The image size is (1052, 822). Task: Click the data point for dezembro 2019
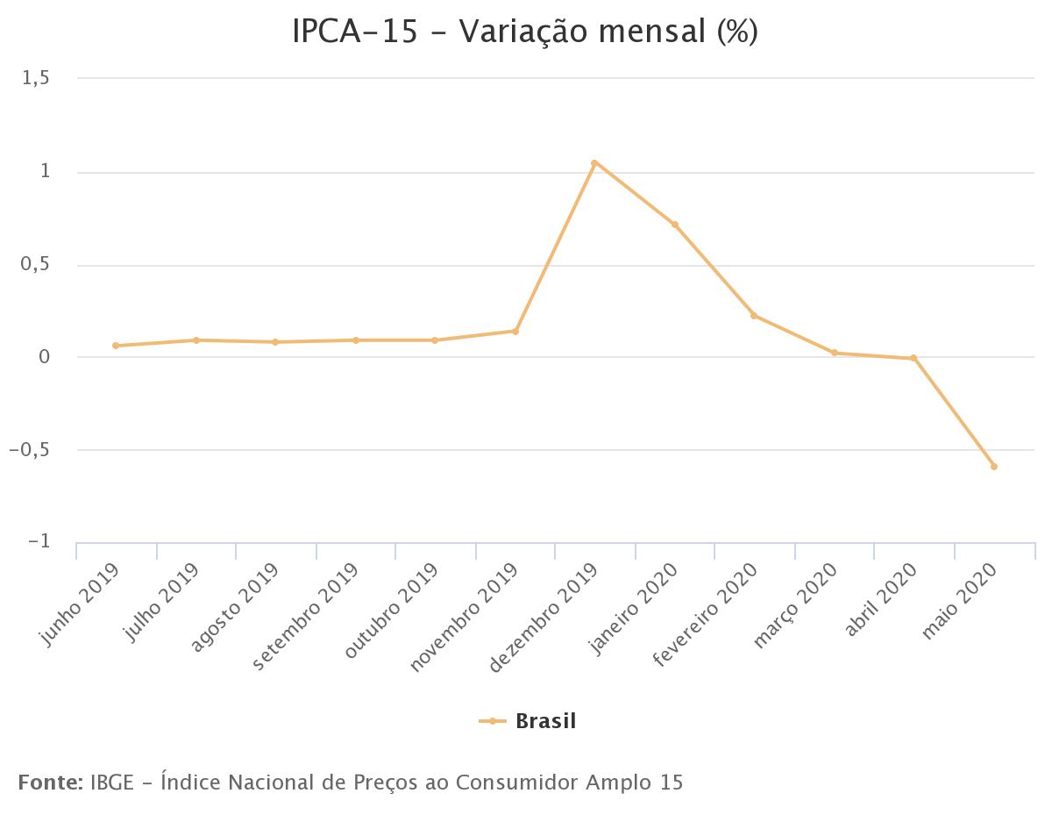594,163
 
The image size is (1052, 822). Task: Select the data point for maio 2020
994,467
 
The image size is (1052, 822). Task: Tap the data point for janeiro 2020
675,225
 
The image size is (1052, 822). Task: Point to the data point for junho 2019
116,346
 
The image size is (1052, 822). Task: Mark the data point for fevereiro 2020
754,316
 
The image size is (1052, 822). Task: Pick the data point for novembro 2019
515,331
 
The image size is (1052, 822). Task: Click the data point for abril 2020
913,358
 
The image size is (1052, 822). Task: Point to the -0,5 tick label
29,450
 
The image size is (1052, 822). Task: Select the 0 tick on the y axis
43,357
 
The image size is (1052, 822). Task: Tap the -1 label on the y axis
39,542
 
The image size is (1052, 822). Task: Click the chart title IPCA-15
355,32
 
